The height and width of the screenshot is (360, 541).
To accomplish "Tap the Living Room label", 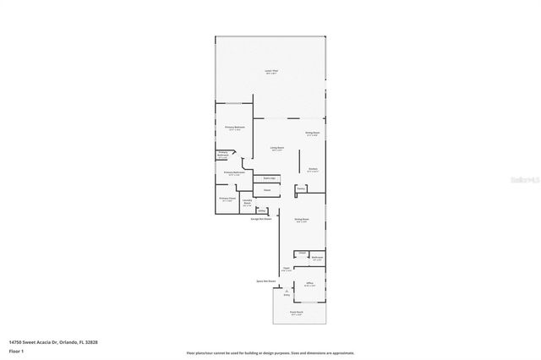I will (x=276, y=149).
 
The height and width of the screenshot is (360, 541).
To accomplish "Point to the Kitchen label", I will (x=313, y=169).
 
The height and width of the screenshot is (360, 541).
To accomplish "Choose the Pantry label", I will (x=299, y=189).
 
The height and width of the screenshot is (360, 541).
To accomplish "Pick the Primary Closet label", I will (x=227, y=199).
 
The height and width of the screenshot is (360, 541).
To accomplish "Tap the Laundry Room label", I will (x=247, y=203).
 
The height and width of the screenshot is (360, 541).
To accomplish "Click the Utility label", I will (x=262, y=210).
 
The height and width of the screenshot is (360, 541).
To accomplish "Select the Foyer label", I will (x=287, y=270).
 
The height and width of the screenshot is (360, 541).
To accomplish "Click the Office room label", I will (x=310, y=283).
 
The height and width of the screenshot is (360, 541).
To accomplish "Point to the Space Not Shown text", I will (x=266, y=280).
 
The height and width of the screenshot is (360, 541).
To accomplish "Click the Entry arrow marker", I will (x=286, y=292).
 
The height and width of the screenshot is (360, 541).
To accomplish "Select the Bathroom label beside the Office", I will (x=316, y=258).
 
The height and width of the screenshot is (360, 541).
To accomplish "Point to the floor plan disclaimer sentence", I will (x=270, y=353).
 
